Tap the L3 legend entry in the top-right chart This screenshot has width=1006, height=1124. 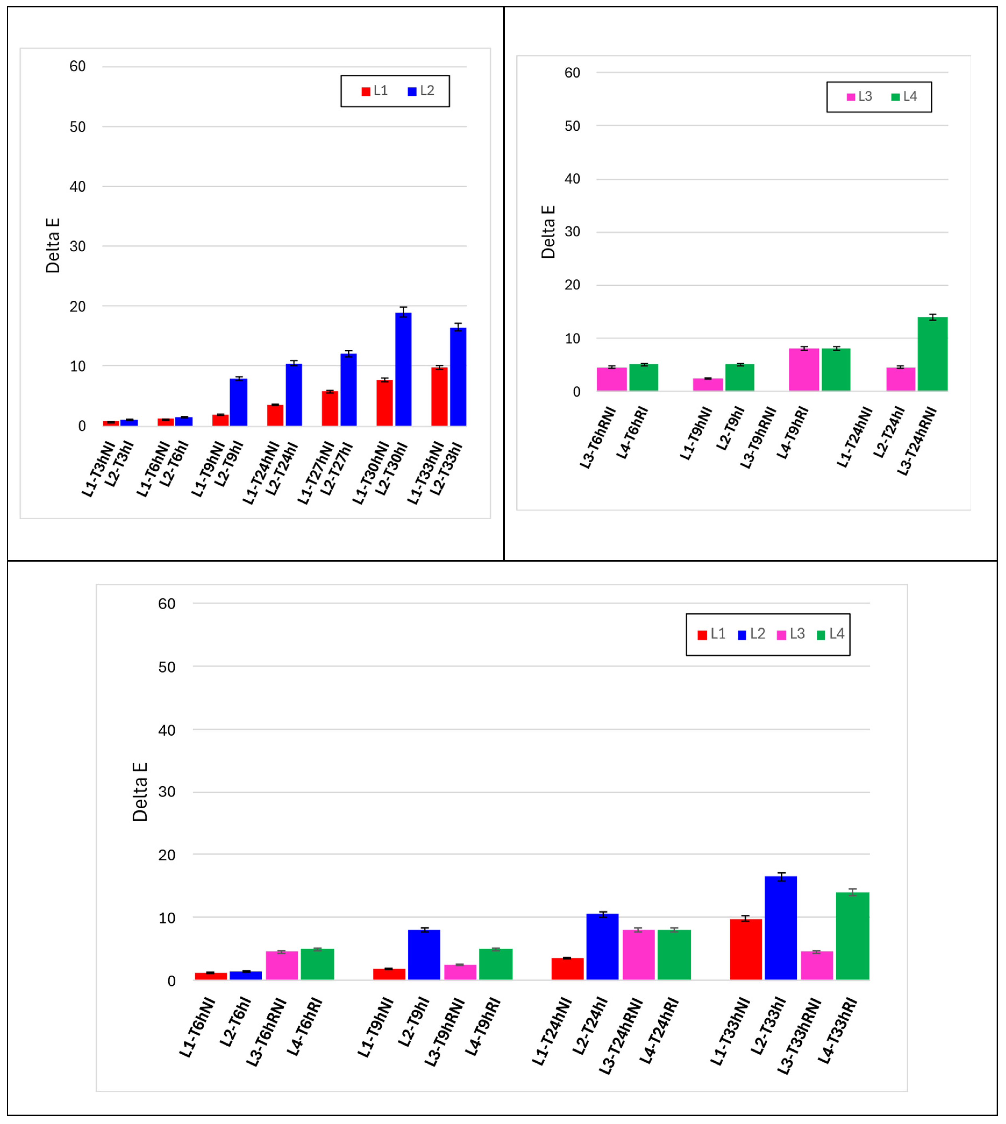click(x=859, y=97)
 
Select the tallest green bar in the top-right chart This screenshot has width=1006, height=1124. click(x=933, y=354)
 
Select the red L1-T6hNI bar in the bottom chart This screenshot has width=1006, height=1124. click(x=211, y=976)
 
